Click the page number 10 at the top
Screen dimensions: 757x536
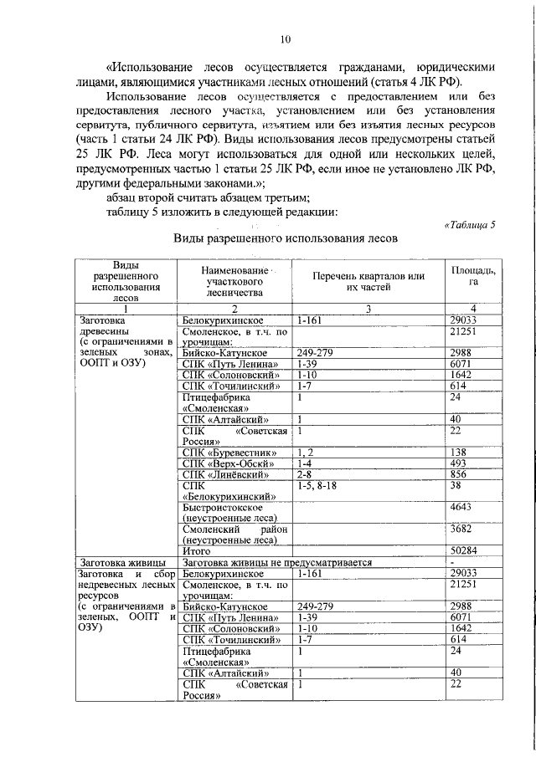pos(285,38)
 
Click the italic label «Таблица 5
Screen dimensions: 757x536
pos(468,224)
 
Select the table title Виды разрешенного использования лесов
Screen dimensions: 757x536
pos(285,238)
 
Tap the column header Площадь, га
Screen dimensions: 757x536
pos(473,276)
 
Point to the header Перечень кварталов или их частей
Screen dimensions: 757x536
pos(368,282)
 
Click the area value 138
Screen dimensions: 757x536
pos(458,453)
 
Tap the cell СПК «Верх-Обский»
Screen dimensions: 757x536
pos(224,463)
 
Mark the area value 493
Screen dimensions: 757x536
pos(458,463)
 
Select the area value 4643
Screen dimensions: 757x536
pos(461,507)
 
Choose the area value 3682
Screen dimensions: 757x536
pos(461,529)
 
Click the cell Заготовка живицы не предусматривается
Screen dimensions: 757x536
pos(276,562)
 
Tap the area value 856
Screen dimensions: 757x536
pos(458,474)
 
